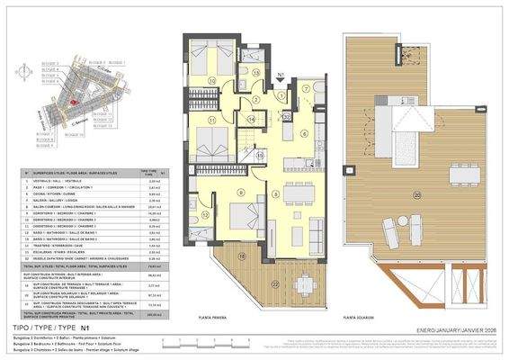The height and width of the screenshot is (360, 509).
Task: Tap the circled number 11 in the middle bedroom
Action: click(213, 120)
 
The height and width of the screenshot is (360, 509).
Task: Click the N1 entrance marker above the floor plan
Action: click(281, 77)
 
